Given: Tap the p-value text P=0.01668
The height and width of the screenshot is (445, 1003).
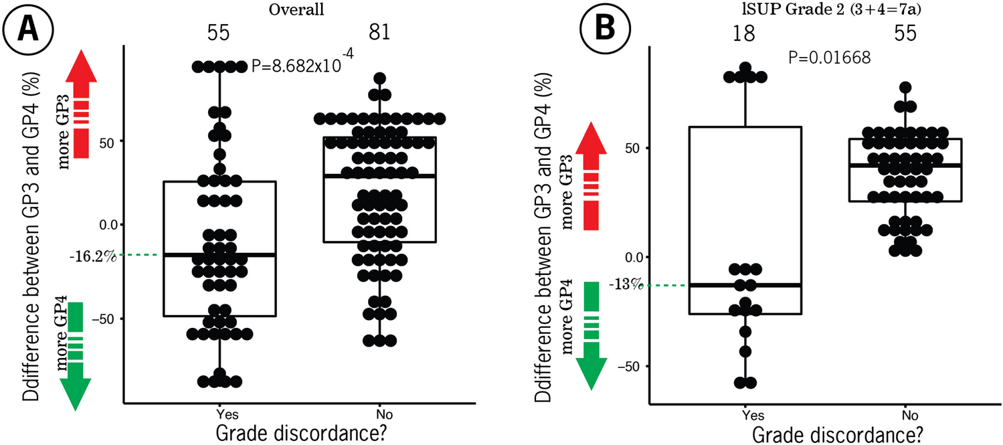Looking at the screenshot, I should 830,58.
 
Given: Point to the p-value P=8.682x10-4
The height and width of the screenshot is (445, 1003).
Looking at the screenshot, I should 302,66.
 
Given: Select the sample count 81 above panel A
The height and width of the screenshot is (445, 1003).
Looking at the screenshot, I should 379,33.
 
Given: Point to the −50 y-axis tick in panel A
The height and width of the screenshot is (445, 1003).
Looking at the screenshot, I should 106,319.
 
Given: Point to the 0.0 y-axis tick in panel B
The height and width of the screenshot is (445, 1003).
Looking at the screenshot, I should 633,258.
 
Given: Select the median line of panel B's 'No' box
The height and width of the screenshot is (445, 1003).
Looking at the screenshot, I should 905,165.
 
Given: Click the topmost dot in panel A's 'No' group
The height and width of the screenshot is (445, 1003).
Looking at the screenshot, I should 380,78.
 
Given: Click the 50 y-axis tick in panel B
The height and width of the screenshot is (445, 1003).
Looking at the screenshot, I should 635,148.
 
